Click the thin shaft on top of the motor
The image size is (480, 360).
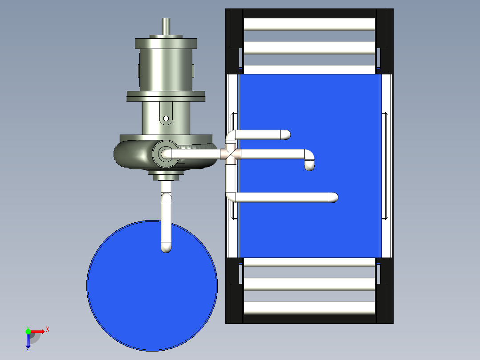pos(166,26)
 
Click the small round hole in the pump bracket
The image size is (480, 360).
pos(166,119)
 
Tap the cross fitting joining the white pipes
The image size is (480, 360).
pos(230,155)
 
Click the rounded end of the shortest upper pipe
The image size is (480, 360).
pos(285,134)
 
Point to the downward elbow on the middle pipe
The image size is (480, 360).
pos(309,160)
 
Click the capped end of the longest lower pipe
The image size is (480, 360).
pos(333,197)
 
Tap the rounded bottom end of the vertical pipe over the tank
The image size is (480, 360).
pos(166,247)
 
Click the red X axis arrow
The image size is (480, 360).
pos(38,331)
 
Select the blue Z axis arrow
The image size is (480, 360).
pos(28,340)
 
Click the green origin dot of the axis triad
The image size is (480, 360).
pos(28,331)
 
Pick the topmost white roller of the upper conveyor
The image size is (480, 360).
pos(309,24)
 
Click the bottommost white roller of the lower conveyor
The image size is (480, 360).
pos(309,307)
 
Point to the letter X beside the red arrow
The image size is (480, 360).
pos(47,330)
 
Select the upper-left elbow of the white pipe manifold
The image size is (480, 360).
pos(231,135)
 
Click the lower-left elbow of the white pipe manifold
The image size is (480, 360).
pos(231,196)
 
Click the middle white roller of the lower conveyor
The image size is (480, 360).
pos(309,284)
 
